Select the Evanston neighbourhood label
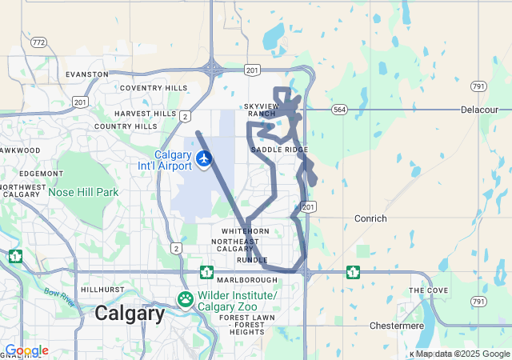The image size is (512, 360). (x=87, y=74)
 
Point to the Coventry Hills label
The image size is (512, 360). (x=153, y=88)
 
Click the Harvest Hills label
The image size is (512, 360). (x=145, y=114)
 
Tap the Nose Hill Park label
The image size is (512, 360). (x=83, y=192)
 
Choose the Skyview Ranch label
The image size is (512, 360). (x=261, y=110)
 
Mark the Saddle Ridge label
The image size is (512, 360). (x=279, y=150)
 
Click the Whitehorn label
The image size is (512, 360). (x=246, y=230)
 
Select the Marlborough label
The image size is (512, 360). (x=247, y=280)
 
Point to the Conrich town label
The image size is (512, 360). (x=370, y=218)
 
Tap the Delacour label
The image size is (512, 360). (x=480, y=109)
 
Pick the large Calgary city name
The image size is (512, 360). (x=130, y=313)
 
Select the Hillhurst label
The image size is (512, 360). (x=102, y=290)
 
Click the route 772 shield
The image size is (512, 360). (x=38, y=42)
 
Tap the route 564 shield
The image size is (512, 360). (x=339, y=110)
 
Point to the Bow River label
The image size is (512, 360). (x=60, y=298)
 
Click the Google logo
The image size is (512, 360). (x=26, y=350)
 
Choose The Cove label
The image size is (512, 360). (x=428, y=290)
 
